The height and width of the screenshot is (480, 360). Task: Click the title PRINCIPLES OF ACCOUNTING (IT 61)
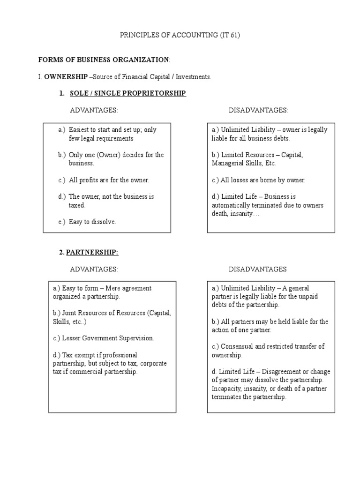point(180,36)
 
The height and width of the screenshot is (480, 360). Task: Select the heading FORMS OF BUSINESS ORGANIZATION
point(104,60)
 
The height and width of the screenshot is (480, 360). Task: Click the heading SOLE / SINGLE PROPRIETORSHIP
point(127,94)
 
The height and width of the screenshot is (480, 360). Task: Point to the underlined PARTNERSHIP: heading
point(92,252)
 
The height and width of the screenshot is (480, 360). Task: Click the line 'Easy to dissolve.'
point(92,222)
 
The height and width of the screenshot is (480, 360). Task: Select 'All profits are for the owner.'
point(109,180)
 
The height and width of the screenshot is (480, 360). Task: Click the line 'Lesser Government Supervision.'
point(103,338)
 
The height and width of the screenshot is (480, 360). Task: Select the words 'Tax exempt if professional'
point(95,355)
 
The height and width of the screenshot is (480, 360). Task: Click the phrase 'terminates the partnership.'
point(249,397)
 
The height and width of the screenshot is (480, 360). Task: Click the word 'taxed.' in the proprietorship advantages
point(77,205)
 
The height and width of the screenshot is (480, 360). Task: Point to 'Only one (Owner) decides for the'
point(116,155)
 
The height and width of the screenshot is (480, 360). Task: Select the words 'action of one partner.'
point(241,330)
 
